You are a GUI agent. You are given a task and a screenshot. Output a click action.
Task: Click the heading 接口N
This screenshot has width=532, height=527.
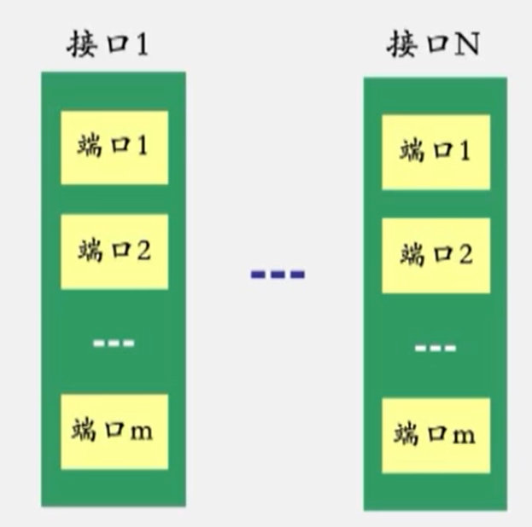(x=431, y=44)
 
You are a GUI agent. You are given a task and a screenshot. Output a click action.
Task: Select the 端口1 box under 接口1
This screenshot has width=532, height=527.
(x=114, y=147)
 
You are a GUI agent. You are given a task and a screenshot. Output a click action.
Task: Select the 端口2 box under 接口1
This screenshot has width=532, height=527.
(x=114, y=252)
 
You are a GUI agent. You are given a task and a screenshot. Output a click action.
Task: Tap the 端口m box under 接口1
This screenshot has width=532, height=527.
(x=114, y=430)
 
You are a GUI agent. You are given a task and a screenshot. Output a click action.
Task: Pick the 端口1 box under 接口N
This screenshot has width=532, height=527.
(x=436, y=152)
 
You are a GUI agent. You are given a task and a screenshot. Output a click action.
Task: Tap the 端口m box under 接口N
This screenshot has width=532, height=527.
(x=436, y=435)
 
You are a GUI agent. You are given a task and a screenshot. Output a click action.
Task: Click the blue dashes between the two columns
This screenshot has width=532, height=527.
(x=278, y=275)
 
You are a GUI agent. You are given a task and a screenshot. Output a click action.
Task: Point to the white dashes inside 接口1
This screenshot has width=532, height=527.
(x=114, y=343)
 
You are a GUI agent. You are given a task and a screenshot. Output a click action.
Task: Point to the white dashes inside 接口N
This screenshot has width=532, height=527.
(x=436, y=348)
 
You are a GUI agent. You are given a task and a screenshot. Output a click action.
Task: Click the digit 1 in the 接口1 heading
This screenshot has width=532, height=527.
(x=141, y=45)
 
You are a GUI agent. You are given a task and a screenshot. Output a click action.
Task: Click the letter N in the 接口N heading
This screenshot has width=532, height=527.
(x=465, y=45)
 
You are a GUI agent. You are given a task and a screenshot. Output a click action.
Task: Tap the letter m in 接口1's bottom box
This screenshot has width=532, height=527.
(x=141, y=431)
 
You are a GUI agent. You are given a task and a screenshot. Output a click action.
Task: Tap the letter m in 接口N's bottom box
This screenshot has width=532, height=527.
(x=463, y=436)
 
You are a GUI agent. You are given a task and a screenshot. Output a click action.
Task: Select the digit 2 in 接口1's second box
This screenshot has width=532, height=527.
(x=143, y=252)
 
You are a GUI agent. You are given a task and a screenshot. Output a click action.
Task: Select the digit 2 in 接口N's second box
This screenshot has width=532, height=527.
(x=465, y=255)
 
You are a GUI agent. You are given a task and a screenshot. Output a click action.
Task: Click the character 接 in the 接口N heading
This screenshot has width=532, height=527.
(x=402, y=44)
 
